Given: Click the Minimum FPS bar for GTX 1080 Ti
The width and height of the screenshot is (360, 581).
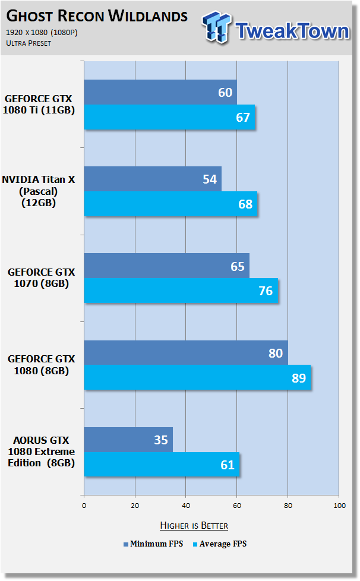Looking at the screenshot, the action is (x=160, y=92).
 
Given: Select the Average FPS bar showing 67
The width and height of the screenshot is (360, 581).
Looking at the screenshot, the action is (x=170, y=117).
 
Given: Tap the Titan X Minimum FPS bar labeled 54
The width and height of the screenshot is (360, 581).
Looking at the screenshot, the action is (x=153, y=179).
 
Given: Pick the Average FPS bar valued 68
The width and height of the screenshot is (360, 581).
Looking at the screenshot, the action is (x=170, y=204).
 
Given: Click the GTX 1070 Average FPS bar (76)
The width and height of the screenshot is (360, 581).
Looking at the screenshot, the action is (x=181, y=290).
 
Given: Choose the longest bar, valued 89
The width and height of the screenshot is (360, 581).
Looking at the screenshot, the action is (x=197, y=377).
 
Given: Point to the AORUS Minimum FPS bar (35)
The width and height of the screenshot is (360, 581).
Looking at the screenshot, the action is (x=128, y=440).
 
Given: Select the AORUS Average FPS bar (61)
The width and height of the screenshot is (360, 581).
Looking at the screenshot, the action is (x=162, y=465).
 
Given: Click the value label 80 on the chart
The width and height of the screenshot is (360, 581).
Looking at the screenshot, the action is (x=276, y=353).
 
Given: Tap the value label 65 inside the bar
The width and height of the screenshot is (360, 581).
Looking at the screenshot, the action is (x=238, y=266).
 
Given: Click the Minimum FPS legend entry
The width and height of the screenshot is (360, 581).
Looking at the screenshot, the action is (x=153, y=544).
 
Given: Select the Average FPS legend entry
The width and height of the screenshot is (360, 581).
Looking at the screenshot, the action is (x=220, y=544).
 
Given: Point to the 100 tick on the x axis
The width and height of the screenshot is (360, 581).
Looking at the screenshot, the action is (x=339, y=506).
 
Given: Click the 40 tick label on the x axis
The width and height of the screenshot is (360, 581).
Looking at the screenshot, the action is (x=186, y=506).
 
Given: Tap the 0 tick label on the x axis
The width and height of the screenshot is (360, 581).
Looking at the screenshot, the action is (x=84, y=506).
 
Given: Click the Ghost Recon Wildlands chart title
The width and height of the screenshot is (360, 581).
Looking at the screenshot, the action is (x=97, y=15).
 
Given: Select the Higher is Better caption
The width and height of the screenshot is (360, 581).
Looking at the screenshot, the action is (x=194, y=525).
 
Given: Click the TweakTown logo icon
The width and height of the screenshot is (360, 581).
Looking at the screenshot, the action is (x=217, y=27).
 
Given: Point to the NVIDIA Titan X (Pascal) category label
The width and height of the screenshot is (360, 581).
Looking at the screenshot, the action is (x=39, y=191).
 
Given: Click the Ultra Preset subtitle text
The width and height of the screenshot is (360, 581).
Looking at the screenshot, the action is (x=29, y=43).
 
